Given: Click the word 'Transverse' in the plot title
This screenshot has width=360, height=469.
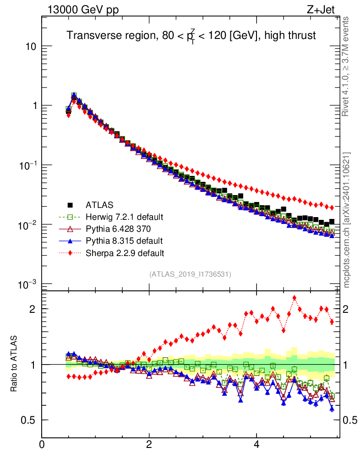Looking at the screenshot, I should point(90,36).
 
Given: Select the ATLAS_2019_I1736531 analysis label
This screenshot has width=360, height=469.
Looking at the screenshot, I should point(190,274).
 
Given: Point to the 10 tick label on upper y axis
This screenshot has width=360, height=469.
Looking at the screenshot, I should point(30,47).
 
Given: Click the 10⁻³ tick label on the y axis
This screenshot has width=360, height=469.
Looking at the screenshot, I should point(27,284).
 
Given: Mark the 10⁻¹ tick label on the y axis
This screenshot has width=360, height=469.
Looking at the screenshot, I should point(27,165).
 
